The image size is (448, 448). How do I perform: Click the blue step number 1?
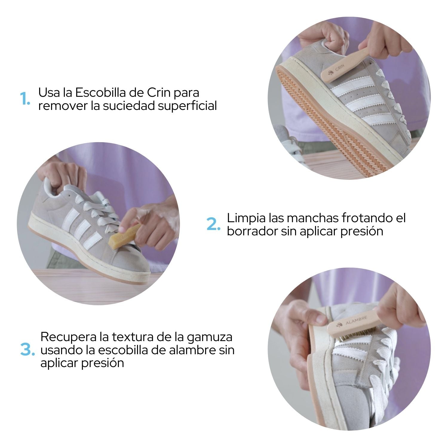pos(25,99)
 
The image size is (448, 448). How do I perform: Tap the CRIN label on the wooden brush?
pos(340,68)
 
